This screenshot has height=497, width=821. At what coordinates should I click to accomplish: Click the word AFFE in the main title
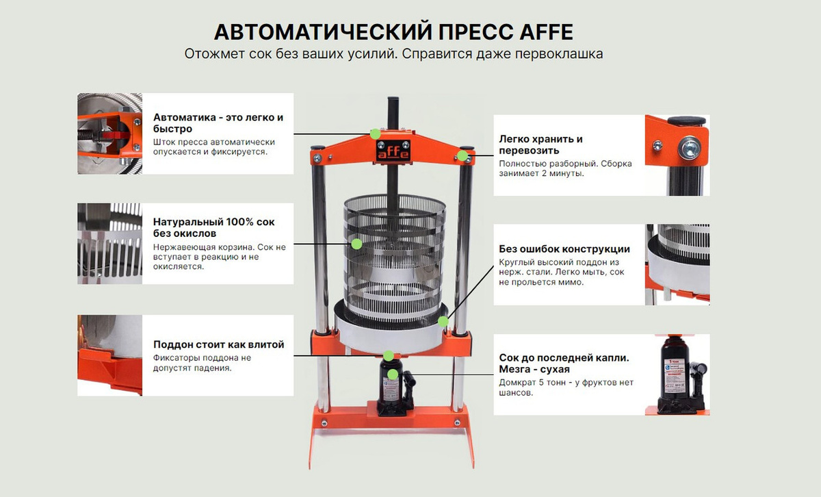[x=547, y=32]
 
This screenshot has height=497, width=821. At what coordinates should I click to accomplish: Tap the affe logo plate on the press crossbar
[x=393, y=150]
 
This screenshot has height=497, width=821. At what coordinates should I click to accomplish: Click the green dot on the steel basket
[x=356, y=244]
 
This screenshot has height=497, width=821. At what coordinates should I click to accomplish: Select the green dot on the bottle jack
[x=393, y=374]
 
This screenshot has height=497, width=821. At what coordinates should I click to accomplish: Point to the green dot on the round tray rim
[x=443, y=322]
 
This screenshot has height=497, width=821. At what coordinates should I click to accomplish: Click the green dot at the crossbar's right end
[x=462, y=156]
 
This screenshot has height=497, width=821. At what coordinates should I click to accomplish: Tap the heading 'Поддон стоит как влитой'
[x=219, y=344]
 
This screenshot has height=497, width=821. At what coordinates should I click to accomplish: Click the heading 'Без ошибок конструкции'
[x=564, y=249]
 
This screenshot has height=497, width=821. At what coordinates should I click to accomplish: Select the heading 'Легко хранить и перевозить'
[x=540, y=144]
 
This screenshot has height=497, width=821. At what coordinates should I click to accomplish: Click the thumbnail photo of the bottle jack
[x=677, y=374]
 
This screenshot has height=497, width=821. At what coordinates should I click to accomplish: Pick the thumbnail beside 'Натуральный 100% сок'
[x=110, y=244]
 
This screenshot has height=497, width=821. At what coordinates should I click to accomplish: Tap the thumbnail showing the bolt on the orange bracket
[x=677, y=155]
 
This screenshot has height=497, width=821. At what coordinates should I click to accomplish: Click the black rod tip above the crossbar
[x=393, y=101]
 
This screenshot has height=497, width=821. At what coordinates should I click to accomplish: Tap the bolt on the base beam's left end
[x=324, y=424]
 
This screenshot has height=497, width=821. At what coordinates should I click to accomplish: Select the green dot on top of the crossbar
[x=375, y=134]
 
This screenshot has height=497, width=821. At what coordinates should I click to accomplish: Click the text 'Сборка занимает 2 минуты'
[x=565, y=168]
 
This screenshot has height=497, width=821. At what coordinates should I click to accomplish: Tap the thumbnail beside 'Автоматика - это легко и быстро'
[x=110, y=133]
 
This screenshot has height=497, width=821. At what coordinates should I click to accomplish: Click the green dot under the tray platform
[x=388, y=355]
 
